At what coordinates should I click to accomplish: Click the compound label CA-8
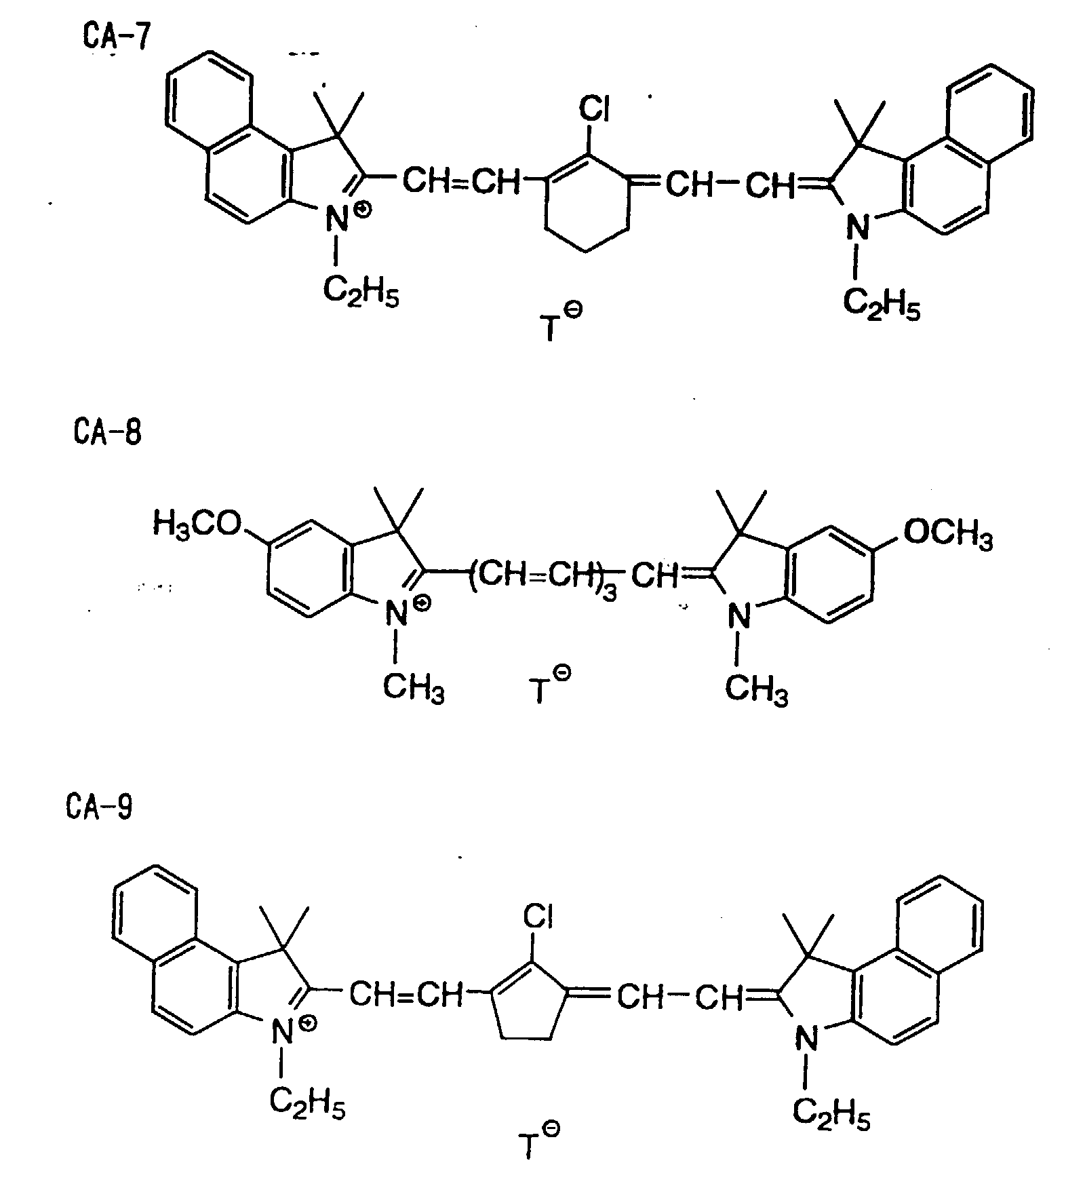coord(107,432)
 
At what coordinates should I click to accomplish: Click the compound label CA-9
coord(100,807)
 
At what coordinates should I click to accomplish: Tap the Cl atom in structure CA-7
coord(594,109)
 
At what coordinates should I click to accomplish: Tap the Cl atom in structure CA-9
coord(538,918)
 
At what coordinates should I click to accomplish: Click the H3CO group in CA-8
coord(197,524)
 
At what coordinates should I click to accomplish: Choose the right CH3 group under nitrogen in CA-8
coord(756,691)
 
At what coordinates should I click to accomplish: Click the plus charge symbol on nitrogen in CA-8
coord(422,602)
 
